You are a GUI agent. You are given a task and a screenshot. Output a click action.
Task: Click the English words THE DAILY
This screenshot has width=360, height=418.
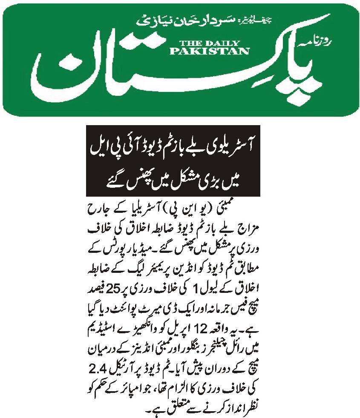[210, 43]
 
